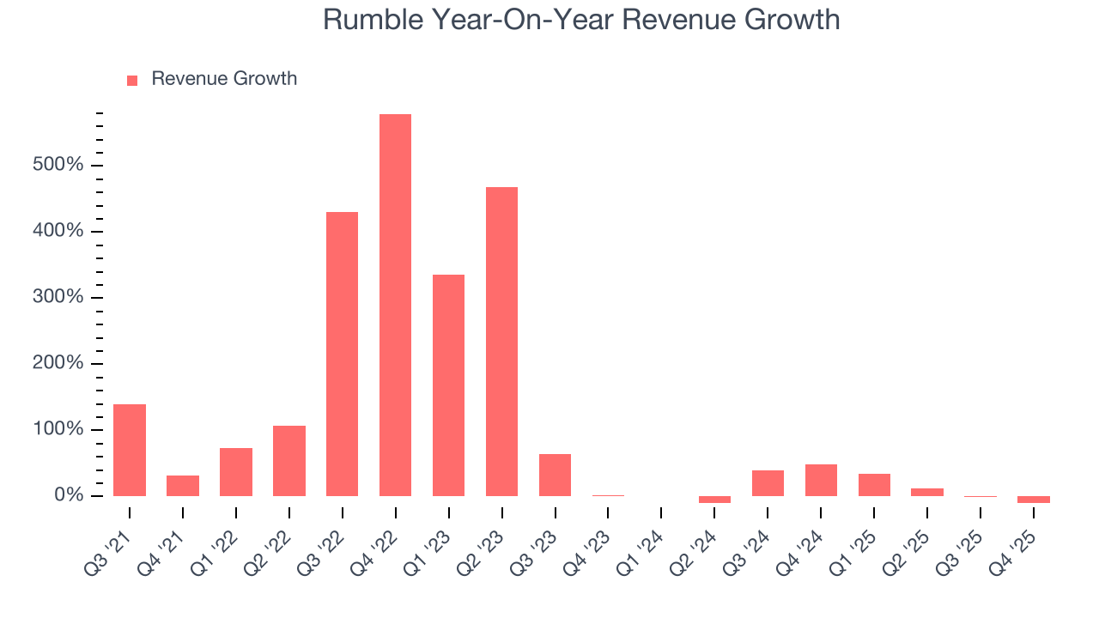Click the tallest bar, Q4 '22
pyautogui.click(x=395, y=305)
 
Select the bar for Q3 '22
pyautogui.click(x=342, y=354)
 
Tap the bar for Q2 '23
pyautogui.click(x=501, y=342)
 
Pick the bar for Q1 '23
pyautogui.click(x=448, y=385)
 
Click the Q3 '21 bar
pyautogui.click(x=130, y=450)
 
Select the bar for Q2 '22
pyautogui.click(x=289, y=461)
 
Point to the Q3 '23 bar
pyautogui.click(x=555, y=475)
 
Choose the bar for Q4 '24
pyautogui.click(x=821, y=480)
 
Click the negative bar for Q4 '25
pyautogui.click(x=1034, y=500)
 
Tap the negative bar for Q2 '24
pyautogui.click(x=714, y=500)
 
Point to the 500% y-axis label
pyautogui.click(x=58, y=165)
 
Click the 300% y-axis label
pyautogui.click(x=58, y=297)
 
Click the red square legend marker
pyautogui.click(x=132, y=81)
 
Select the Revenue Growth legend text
pyautogui.click(x=224, y=79)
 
